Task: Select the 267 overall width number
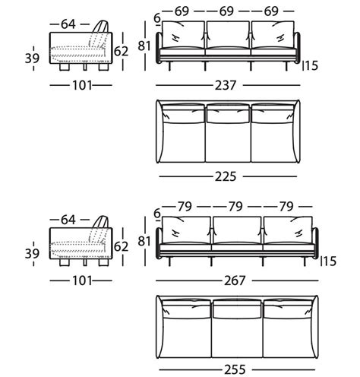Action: [x=235, y=280]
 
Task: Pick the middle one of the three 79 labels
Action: [x=235, y=205]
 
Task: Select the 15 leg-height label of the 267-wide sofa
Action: [x=328, y=261]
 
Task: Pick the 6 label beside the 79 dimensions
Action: [x=156, y=214]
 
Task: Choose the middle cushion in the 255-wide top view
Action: [x=236, y=310]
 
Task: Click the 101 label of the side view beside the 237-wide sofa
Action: [x=76, y=85]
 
